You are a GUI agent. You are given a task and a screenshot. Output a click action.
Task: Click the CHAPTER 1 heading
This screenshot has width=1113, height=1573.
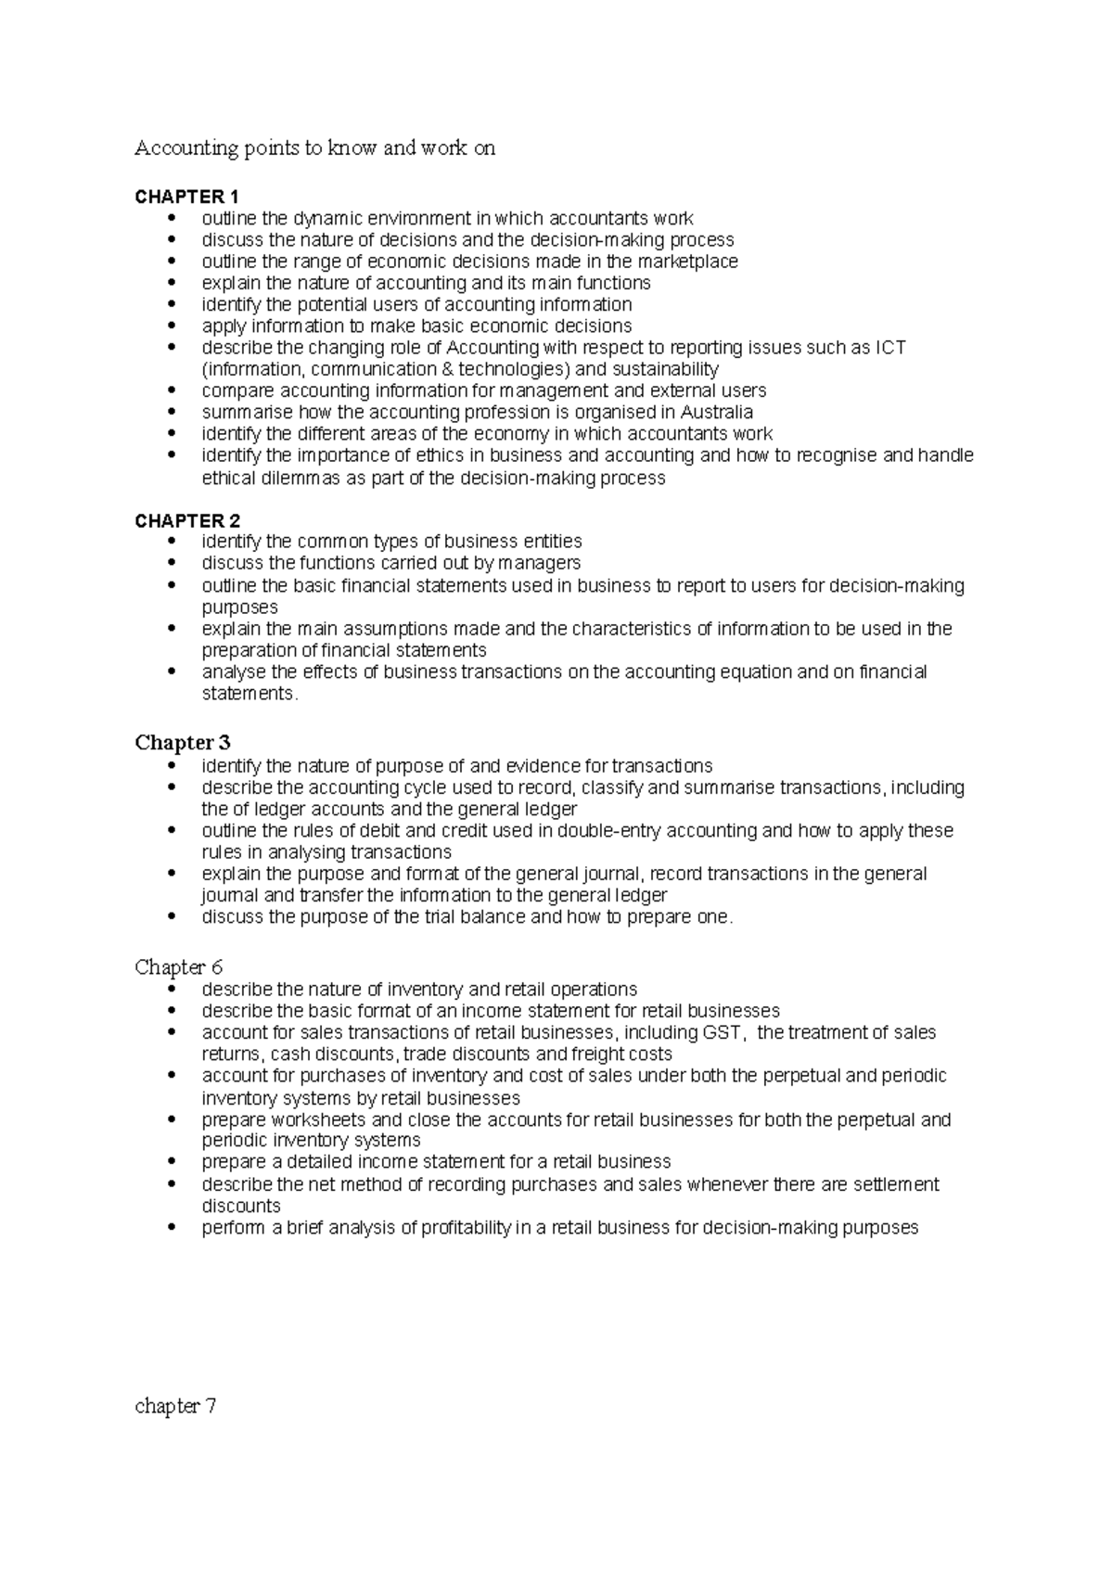coord(186,197)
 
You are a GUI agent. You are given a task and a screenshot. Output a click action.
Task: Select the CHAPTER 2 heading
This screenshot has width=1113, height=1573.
coord(186,520)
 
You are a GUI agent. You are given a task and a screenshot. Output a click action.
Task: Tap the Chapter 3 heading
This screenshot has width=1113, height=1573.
coord(183,743)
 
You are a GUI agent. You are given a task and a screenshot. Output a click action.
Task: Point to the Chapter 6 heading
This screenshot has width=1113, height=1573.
coord(179,967)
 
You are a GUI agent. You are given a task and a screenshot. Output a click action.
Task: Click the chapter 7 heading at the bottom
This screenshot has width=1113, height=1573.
coord(175,1406)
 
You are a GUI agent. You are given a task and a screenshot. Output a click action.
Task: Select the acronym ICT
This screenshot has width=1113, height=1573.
coord(890,348)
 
